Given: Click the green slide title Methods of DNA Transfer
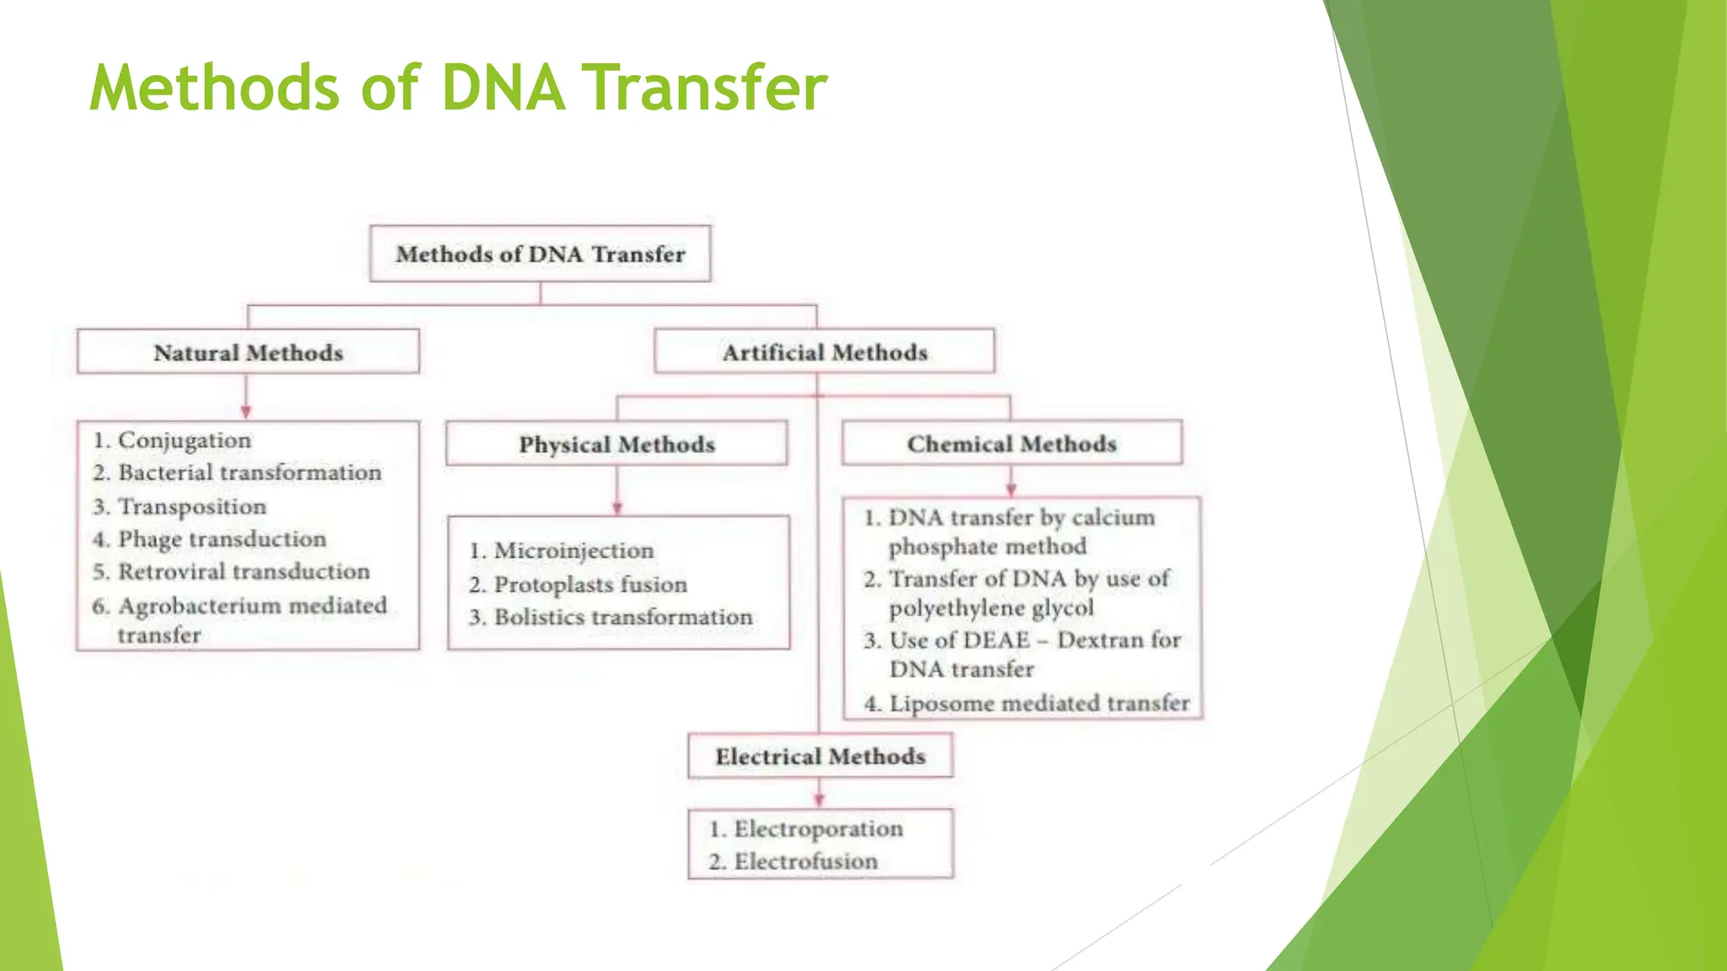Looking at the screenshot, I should (x=458, y=88).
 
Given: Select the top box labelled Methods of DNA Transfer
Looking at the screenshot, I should (x=540, y=254).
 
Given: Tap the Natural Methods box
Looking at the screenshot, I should (x=248, y=352).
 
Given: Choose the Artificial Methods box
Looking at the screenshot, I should (x=824, y=352).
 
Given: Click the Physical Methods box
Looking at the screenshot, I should (x=616, y=444).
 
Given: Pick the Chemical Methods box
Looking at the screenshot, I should (x=1011, y=443).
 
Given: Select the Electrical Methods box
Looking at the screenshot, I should (x=820, y=756).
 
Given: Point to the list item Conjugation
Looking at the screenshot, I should (x=184, y=440).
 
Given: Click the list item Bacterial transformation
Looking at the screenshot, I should (x=249, y=473).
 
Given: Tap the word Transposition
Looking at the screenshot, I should (x=191, y=507).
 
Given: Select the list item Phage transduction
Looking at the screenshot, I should (x=221, y=539).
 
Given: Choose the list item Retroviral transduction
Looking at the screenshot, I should (x=243, y=571).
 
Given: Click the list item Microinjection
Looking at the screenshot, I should (x=573, y=550).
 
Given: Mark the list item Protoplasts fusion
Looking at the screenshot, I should (x=589, y=584).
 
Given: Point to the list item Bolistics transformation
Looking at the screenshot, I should (x=622, y=617).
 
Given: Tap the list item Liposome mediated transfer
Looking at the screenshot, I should (x=1038, y=703).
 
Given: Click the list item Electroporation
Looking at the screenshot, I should (x=817, y=829).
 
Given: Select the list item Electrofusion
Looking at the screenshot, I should (x=804, y=861).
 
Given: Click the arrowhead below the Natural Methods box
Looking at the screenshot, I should (x=246, y=411).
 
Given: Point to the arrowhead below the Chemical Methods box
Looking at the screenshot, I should (x=1011, y=490).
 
